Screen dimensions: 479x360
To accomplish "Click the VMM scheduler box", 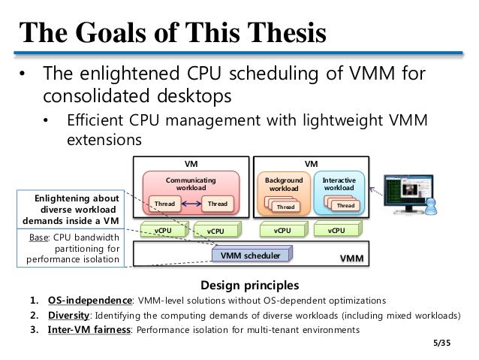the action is click(251, 256).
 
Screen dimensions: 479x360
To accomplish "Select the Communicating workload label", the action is click(190, 184).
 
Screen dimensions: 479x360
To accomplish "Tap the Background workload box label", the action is click(285, 184).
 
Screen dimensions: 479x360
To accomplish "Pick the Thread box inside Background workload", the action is click(285, 207).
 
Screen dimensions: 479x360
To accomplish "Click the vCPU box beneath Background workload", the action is click(283, 231).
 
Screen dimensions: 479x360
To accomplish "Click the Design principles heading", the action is click(250, 286).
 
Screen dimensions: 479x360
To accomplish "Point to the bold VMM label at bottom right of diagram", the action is click(351, 258).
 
